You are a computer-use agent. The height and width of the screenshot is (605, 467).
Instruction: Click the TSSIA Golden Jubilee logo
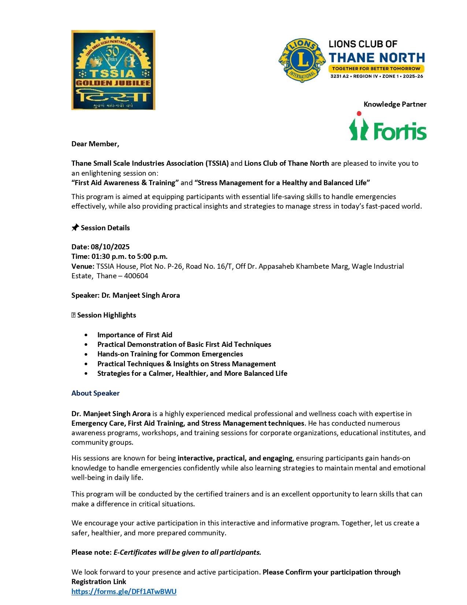point(113,70)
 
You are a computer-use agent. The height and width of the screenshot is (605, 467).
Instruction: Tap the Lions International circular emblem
point(302,60)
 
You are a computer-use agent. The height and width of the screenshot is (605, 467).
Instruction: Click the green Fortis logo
point(388,127)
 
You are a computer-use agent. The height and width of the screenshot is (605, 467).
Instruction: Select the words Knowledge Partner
point(395,104)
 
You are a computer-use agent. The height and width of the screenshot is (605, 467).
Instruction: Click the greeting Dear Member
point(95,144)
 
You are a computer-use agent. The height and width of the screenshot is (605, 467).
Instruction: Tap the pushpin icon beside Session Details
point(75,228)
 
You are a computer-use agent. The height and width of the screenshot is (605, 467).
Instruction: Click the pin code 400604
point(136,276)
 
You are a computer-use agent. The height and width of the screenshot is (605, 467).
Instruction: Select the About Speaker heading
point(96,393)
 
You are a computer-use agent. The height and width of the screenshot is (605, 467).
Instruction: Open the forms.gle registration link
point(124,591)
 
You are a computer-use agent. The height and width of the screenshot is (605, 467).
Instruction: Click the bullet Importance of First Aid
point(134,335)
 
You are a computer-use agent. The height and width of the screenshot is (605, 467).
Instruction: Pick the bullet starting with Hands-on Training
point(170,354)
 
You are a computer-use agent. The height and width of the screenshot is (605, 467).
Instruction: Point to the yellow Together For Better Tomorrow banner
point(376,69)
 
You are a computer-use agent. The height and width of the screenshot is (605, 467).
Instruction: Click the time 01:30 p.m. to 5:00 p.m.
point(129,256)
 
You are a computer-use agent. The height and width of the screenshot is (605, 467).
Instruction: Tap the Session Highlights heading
point(106,315)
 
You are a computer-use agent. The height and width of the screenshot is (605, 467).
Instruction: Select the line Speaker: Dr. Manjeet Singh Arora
point(126,295)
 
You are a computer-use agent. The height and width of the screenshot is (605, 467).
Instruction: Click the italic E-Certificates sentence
point(187,552)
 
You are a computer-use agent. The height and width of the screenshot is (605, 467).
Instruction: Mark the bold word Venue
point(83,266)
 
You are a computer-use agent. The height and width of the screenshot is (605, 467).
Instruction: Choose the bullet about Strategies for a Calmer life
point(192,373)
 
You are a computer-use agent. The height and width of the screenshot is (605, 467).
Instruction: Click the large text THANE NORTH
point(377,58)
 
